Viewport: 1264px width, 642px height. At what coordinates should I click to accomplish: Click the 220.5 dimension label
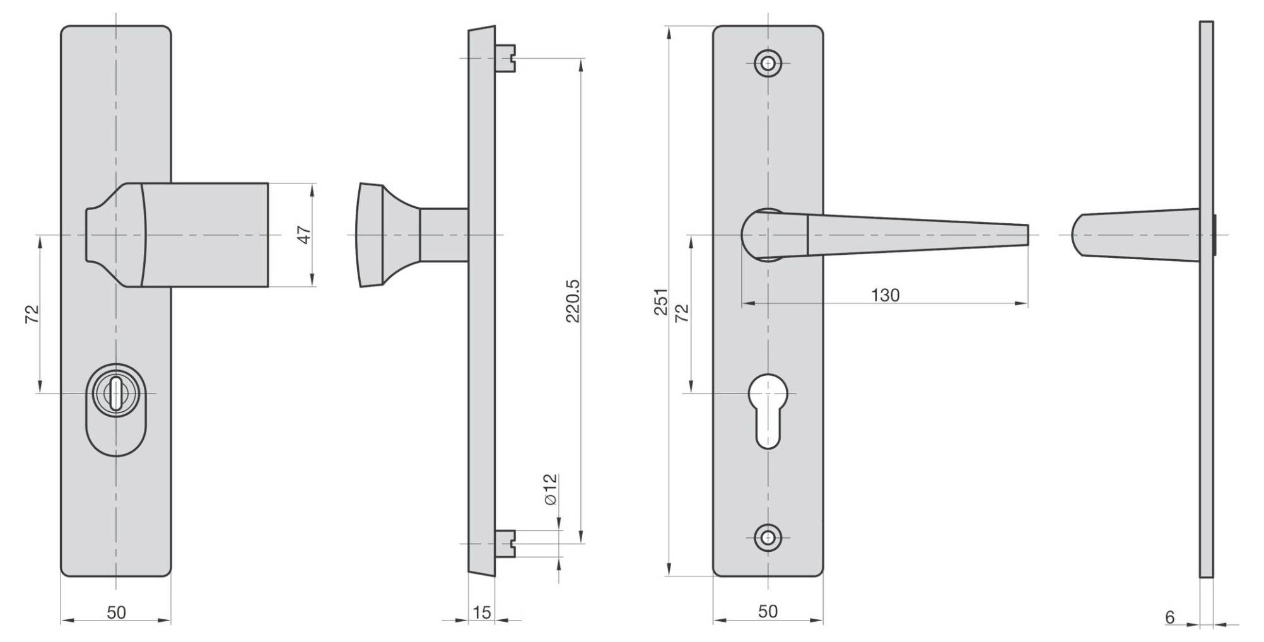[573, 301]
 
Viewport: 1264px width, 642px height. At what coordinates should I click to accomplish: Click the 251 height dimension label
[660, 301]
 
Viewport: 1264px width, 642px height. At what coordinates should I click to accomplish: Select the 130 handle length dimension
[885, 295]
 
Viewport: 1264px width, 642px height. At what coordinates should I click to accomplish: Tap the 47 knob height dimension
[305, 235]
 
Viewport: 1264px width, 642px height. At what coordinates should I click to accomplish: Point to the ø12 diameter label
[551, 489]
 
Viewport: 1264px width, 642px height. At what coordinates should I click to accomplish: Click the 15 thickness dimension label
[481, 612]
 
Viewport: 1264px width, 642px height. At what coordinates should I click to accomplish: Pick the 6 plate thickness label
[1169, 617]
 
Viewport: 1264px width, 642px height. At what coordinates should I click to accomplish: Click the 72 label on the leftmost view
[32, 313]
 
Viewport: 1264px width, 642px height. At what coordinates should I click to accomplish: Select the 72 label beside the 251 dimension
[682, 313]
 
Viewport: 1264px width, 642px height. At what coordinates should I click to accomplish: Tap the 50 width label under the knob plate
[116, 612]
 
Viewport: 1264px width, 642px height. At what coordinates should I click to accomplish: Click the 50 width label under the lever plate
[768, 611]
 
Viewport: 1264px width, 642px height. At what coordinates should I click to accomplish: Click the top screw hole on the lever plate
[768, 63]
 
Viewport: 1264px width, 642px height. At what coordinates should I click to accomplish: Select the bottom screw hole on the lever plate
[768, 537]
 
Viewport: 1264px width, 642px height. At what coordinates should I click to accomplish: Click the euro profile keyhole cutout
[768, 410]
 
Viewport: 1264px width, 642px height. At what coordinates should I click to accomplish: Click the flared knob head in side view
[372, 235]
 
